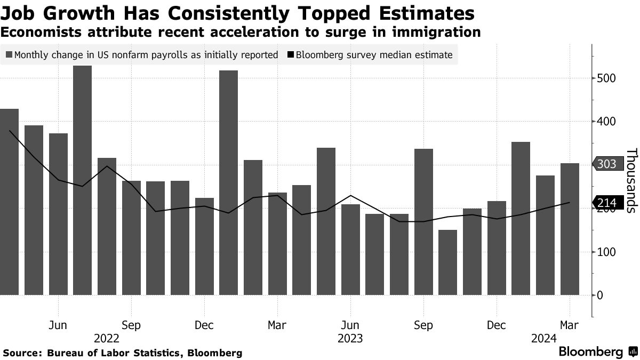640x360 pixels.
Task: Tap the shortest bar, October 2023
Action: pyautogui.click(x=447, y=262)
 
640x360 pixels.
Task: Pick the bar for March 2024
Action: pyautogui.click(x=570, y=229)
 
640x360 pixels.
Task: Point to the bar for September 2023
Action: pyautogui.click(x=423, y=221)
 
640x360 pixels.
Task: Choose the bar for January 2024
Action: pyautogui.click(x=521, y=218)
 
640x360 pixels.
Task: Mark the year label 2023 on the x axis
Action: pyautogui.click(x=350, y=338)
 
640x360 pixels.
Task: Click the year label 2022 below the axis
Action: pyautogui.click(x=107, y=338)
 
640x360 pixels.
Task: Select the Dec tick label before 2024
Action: pyautogui.click(x=496, y=325)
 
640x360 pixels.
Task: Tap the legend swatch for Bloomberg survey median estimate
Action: pyautogui.click(x=291, y=54)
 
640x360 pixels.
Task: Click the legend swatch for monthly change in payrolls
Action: pyautogui.click(x=10, y=54)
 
